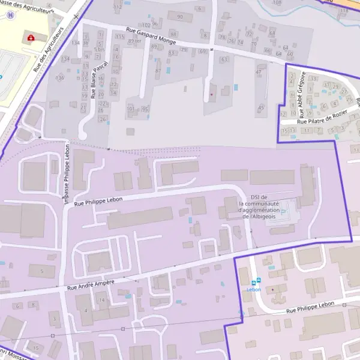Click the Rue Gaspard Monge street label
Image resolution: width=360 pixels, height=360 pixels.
point(151,37)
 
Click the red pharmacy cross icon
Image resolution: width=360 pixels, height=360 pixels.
point(31,38)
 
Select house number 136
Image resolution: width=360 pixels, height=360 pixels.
point(60,79)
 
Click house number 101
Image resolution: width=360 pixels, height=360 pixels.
point(131,109)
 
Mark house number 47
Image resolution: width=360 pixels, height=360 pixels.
point(259,72)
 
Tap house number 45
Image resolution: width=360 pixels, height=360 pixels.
point(260,107)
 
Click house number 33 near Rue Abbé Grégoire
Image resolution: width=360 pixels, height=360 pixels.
point(327,85)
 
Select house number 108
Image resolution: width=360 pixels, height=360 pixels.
point(276,3)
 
